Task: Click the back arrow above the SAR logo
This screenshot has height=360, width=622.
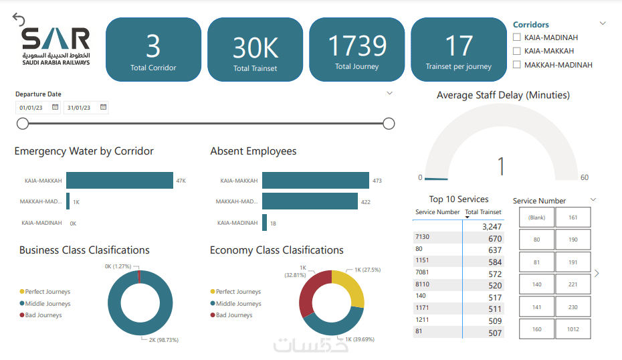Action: (19, 20)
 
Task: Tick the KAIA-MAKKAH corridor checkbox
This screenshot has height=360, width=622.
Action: (517, 51)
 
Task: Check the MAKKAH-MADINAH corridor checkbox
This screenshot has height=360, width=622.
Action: (517, 65)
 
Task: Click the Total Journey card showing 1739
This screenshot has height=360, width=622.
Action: (356, 50)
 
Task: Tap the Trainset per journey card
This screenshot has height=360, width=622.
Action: (458, 50)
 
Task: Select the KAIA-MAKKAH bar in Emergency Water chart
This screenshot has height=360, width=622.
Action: (120, 181)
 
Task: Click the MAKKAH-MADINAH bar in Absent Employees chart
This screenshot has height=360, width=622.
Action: (314, 201)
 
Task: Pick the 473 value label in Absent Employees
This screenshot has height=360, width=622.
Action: (377, 181)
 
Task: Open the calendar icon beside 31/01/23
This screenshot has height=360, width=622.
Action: (103, 107)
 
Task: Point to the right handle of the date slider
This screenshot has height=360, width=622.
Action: (389, 123)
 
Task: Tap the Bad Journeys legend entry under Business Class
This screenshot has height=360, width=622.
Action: (44, 315)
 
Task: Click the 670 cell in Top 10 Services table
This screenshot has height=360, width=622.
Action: (494, 238)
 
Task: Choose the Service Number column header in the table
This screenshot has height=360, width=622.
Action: (437, 212)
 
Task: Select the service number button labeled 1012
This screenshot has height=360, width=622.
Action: (573, 329)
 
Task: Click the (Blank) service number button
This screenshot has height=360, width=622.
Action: (536, 217)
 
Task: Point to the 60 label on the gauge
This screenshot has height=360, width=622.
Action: (585, 177)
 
